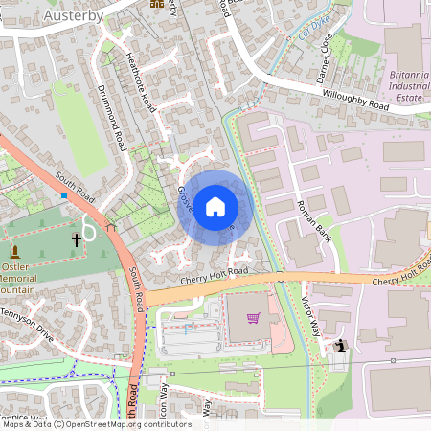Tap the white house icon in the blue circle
[215, 206]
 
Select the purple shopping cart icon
[253, 318]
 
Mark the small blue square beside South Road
[64, 195]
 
